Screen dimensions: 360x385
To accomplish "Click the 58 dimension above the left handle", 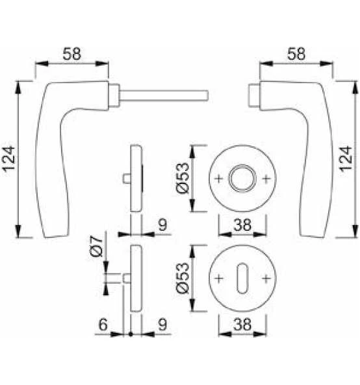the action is pos(72,54).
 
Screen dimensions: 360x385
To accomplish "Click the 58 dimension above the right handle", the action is pos(296,54).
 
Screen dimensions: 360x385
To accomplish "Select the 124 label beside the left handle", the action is pos(9,159).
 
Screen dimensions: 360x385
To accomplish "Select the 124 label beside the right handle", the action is pos(346,159).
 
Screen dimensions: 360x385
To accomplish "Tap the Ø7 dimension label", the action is pos(96,246).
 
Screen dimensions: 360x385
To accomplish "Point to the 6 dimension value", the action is pos(103,325).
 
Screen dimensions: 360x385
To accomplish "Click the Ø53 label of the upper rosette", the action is pos(183,178).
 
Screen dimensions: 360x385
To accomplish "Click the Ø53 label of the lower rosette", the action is pos(183,278).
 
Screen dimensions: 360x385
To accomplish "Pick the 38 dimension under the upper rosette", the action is pos(242,224).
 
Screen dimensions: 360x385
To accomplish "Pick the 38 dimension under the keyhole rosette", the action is pos(242,325).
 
